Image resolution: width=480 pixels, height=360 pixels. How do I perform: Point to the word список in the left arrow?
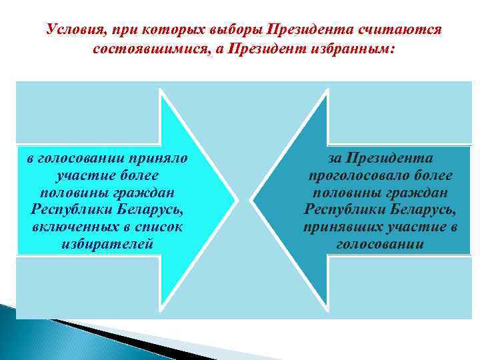pos(155,227)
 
